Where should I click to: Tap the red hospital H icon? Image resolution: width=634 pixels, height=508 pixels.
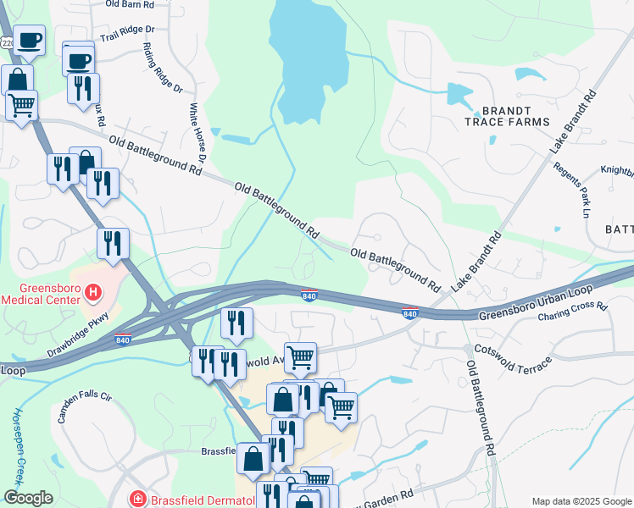94,294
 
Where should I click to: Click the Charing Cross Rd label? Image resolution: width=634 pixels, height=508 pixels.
574,312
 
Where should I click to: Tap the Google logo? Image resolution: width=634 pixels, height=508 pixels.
28,498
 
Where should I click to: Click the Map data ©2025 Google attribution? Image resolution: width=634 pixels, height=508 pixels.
581,501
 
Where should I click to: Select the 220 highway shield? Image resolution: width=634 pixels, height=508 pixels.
7,41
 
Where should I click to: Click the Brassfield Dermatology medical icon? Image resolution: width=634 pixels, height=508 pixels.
136,500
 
